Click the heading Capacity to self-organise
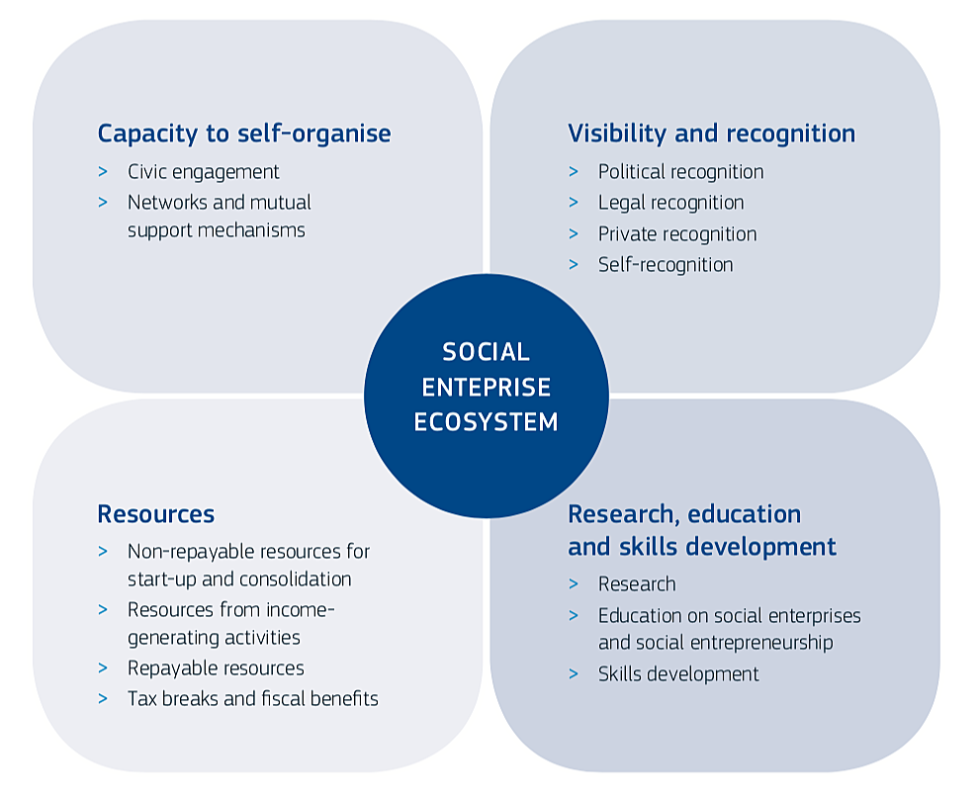244,133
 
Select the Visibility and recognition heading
712,133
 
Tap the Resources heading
156,514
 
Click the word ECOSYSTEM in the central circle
486,422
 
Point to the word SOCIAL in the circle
486,352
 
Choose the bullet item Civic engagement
204,172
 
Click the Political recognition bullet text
680,172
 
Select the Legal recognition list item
671,203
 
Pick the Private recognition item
677,234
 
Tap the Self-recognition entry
666,265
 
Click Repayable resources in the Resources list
216,668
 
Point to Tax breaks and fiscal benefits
253,698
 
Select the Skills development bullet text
678,674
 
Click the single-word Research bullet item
637,584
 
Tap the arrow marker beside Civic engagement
103,172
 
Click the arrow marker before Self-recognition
574,265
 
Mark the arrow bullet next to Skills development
574,674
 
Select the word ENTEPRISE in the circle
486,387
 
